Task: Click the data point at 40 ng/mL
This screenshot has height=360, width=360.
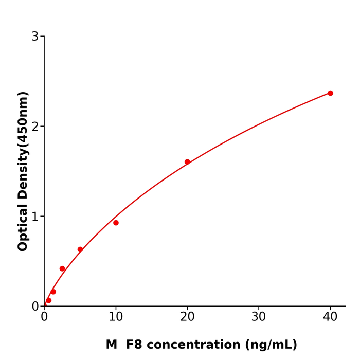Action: [330, 93]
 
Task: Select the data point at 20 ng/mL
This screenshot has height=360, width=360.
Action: [187, 162]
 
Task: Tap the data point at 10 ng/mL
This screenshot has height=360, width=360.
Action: [116, 223]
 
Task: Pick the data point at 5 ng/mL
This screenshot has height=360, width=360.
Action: [80, 249]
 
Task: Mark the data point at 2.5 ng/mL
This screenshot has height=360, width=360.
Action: [62, 268]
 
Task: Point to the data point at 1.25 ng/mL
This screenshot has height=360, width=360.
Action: [53, 292]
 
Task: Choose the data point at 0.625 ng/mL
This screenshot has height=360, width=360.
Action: [49, 300]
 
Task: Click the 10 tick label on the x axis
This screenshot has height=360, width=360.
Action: [116, 317]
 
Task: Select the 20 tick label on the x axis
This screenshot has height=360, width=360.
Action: [187, 317]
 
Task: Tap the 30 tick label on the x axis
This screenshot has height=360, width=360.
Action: [259, 317]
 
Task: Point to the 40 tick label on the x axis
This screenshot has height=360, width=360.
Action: [330, 317]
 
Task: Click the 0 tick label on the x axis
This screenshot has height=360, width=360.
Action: [44, 317]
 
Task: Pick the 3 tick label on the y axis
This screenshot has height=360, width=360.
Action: [35, 37]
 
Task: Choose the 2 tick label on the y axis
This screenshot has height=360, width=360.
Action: [35, 127]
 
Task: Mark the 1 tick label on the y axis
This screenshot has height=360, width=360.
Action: [35, 217]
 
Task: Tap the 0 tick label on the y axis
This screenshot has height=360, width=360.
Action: [35, 307]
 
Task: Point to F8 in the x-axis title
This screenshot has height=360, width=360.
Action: [135, 345]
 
